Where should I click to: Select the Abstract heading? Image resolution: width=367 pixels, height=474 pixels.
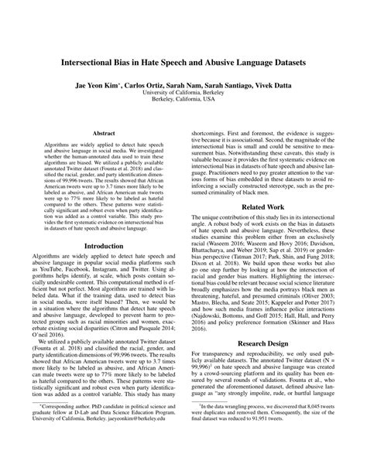click(104, 133)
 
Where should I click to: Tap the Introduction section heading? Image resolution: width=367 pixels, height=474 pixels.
click(104, 247)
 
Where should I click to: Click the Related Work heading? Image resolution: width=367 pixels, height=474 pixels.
click(263, 208)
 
